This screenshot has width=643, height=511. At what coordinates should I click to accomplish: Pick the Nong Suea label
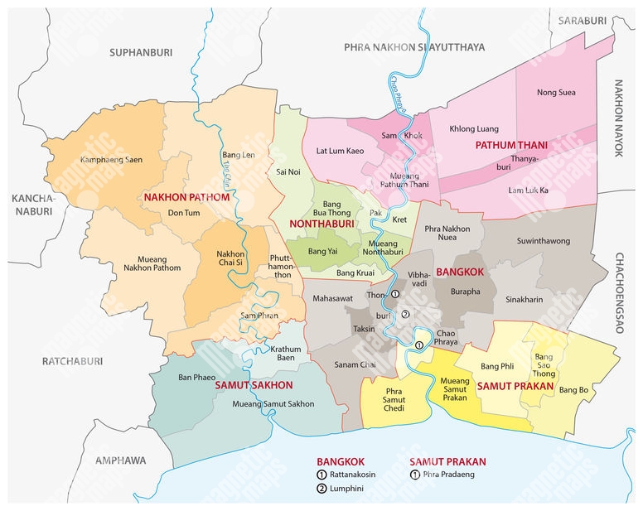click(556, 93)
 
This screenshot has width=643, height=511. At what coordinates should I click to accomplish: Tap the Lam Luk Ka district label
click(529, 190)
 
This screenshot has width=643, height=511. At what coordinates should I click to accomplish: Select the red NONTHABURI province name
click(321, 224)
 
